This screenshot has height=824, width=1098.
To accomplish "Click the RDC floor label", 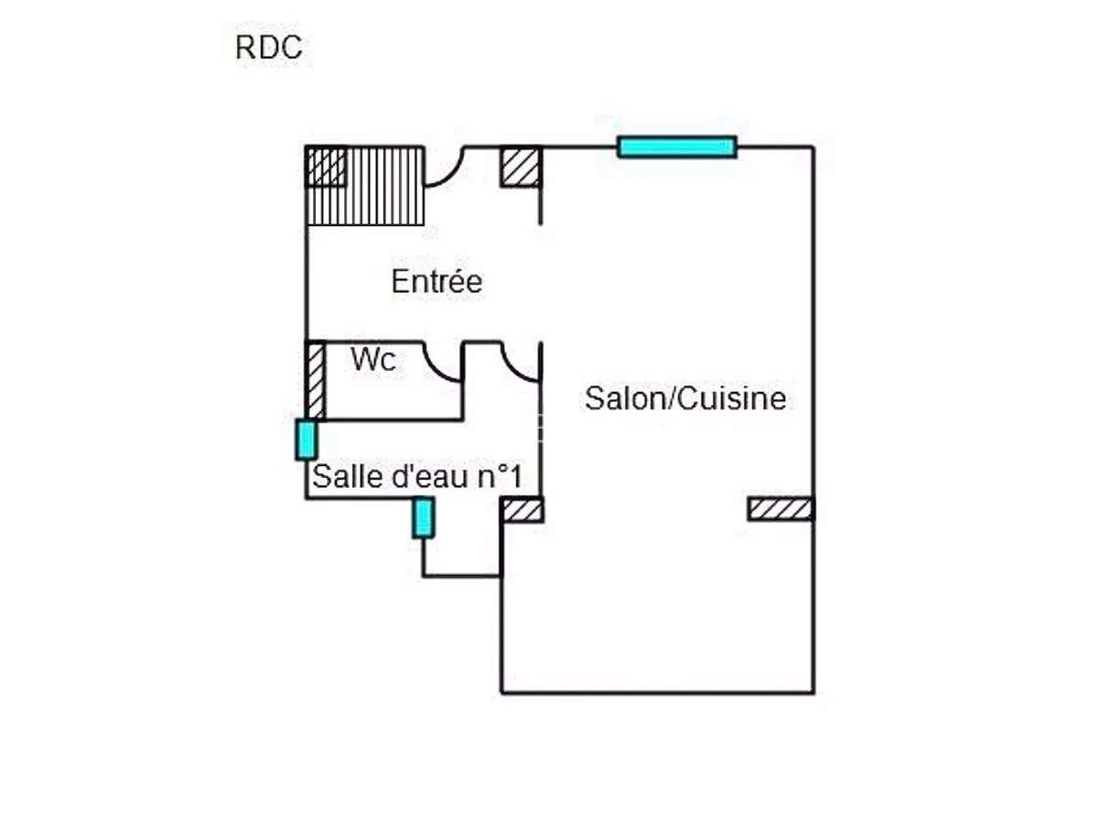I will pos(269,48).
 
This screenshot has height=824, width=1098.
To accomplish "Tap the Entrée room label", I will pos(436,281).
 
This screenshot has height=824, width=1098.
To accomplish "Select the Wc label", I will pos(373,360).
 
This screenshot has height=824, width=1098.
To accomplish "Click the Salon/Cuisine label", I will pos(685,399).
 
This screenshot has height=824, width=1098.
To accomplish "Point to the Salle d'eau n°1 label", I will pos(417,476).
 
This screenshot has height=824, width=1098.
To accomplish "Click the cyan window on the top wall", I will pos(677,146).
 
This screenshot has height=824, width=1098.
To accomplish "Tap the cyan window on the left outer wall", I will pos(306,439).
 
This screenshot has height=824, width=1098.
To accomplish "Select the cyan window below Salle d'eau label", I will pos(423,518).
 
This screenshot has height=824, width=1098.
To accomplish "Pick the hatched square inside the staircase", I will pos(326,167).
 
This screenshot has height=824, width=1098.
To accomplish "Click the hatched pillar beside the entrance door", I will pos(520,168).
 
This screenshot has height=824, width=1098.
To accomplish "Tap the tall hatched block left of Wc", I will pos(315,380).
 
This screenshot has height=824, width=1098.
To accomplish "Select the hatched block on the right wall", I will pos(780,509).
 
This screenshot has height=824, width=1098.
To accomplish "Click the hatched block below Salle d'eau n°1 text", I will pos(522,510).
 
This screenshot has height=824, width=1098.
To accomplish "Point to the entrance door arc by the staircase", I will pos(447,168).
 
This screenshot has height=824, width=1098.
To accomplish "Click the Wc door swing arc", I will pos(445,363).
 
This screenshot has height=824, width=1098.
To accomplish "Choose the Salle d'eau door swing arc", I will pos(522,362).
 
